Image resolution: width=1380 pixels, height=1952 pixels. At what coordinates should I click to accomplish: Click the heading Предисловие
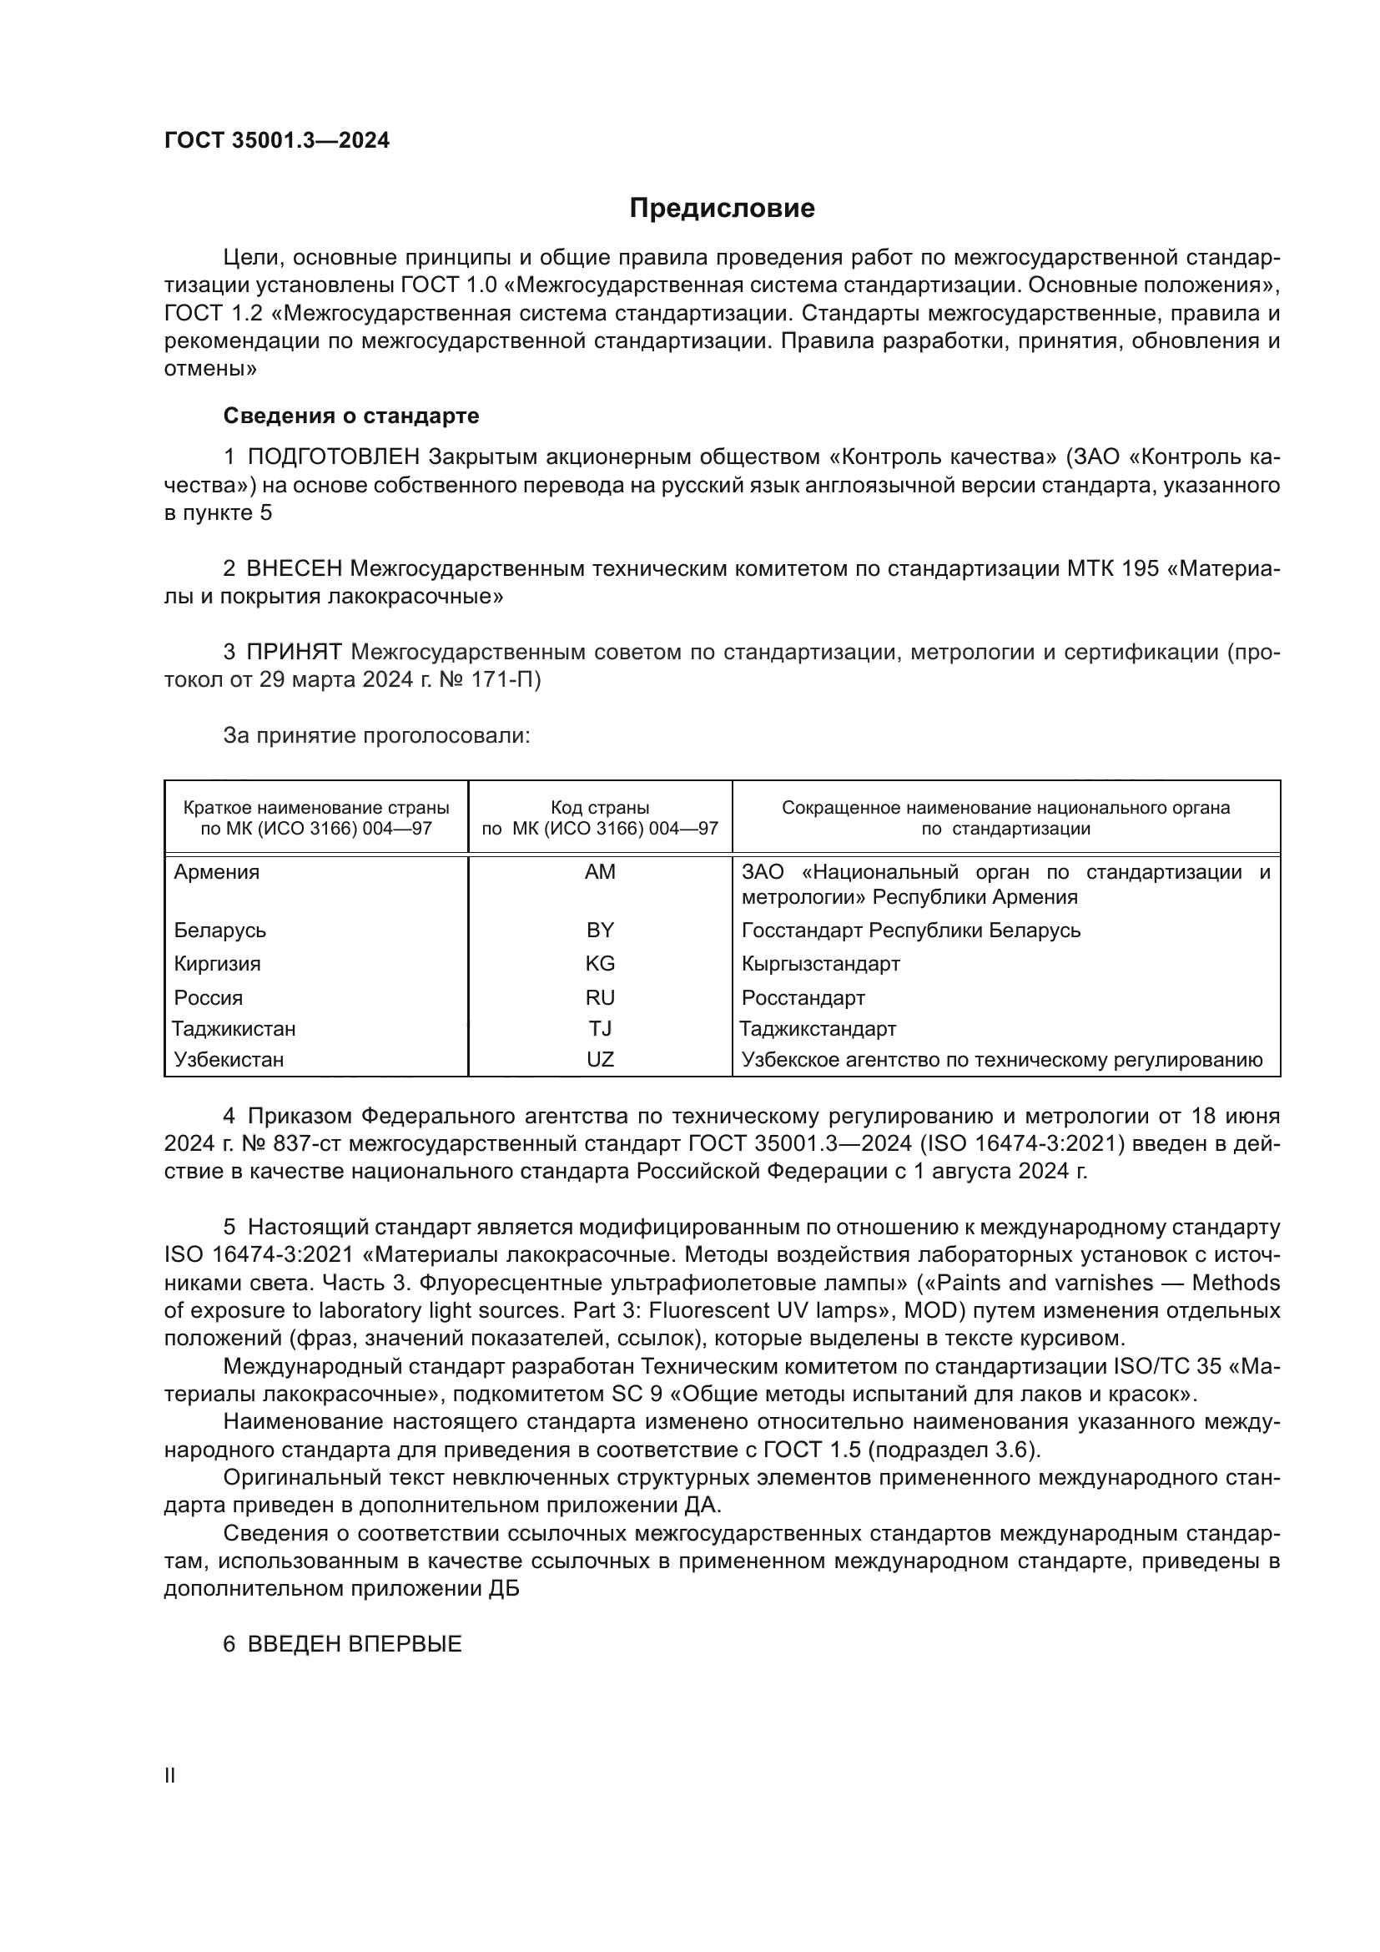722,209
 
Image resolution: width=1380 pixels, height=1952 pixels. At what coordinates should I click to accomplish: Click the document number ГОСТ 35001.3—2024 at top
277,140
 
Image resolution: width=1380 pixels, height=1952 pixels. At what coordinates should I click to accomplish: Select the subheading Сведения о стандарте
351,416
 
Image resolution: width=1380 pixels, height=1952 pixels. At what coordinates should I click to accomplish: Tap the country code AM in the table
600,871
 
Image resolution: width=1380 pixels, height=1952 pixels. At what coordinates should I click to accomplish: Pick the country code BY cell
600,930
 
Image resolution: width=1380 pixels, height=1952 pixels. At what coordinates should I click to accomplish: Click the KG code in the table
600,963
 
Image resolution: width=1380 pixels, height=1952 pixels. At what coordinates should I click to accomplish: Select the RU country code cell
600,997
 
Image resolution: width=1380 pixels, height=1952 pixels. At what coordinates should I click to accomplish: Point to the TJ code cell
600,1029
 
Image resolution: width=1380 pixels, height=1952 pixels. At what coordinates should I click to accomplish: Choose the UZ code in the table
600,1059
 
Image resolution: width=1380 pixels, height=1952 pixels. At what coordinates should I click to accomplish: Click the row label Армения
217,871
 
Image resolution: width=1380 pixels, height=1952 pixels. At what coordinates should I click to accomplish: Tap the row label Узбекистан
229,1059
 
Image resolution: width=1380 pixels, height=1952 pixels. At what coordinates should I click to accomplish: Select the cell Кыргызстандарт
820,963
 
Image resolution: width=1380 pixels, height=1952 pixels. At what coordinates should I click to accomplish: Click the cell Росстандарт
803,997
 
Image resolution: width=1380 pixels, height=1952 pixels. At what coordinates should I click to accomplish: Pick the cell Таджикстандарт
818,1029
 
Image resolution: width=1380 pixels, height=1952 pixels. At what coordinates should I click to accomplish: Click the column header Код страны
600,808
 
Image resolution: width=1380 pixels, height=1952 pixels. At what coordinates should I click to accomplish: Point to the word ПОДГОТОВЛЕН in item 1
333,457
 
